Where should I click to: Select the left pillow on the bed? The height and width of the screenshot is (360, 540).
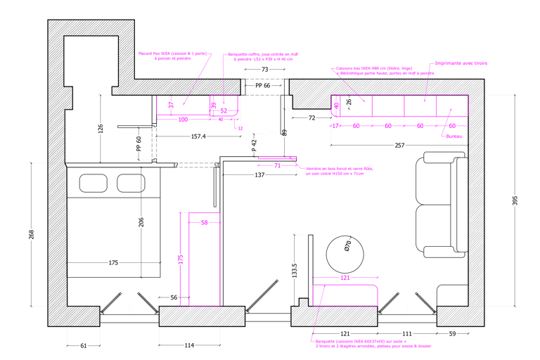point(92,184)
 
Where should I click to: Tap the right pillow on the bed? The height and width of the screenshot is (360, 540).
point(131,184)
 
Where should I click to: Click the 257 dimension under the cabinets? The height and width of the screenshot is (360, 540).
point(399,146)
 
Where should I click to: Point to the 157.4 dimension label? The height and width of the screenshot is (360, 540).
point(198,136)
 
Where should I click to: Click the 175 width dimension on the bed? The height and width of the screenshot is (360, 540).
point(114,263)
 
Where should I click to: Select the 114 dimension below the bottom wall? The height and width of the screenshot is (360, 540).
point(189,345)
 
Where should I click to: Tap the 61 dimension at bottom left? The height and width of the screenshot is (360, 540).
point(83,345)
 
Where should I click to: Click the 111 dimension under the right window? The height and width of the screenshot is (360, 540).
point(406,333)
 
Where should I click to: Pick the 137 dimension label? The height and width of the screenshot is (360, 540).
point(259,174)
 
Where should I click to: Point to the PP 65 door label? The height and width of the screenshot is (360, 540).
point(262,85)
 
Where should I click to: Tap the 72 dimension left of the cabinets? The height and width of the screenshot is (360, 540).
point(311,118)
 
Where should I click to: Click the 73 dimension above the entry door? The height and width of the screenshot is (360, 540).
point(264,70)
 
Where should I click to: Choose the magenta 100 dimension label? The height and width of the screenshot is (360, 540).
point(345,278)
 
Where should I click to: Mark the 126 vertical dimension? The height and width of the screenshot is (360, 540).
point(101,128)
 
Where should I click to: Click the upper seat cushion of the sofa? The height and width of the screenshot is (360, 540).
point(436,182)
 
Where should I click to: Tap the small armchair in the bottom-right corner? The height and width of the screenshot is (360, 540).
point(452,295)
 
